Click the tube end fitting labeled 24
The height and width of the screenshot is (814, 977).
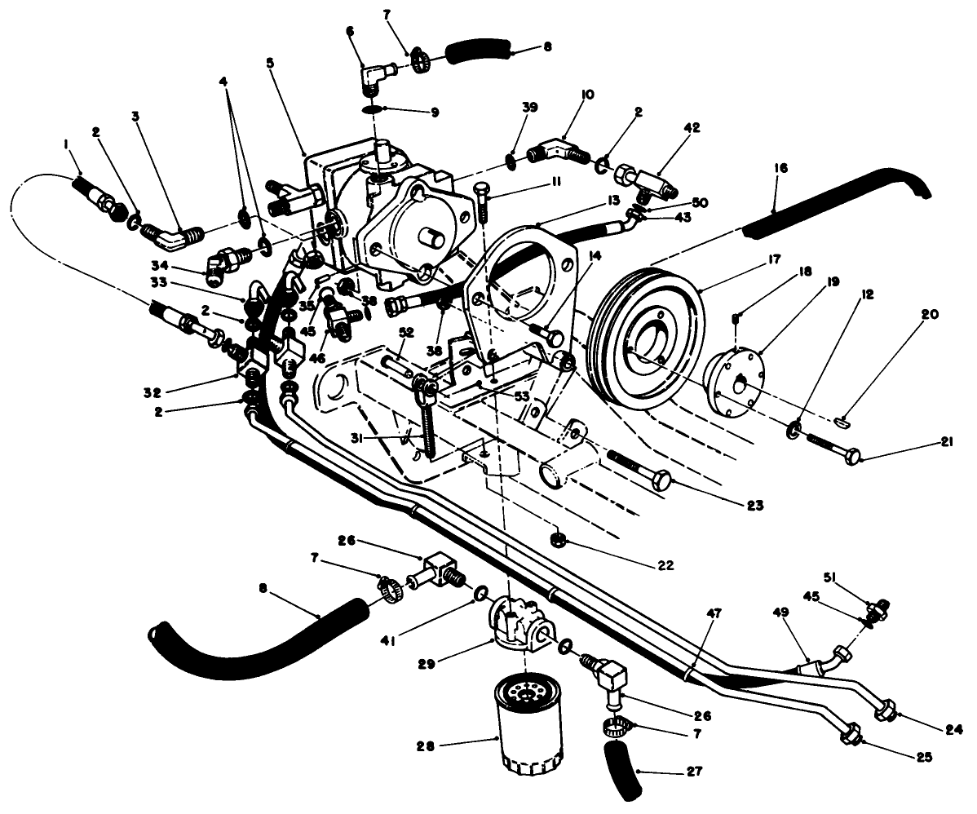[886, 710]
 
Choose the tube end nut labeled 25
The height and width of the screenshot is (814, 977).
[851, 733]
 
